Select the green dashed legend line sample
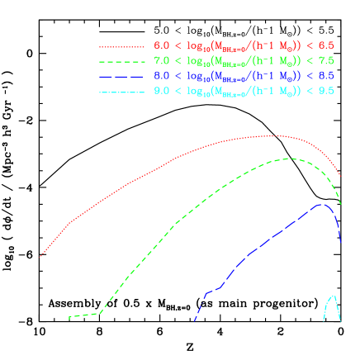point(124,60)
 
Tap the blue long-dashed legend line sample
point(124,75)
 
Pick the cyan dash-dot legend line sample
point(124,89)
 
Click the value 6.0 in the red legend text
point(162,45)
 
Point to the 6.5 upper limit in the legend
point(326,45)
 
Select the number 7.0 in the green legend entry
point(162,60)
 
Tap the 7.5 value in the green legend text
point(326,60)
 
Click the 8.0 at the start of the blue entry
point(162,75)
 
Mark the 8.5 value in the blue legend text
point(326,75)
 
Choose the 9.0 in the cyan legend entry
point(162,89)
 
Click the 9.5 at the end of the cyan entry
point(326,89)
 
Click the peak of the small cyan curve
point(334,295)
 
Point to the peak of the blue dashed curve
point(322,203)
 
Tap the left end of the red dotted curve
point(40,257)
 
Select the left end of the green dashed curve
point(69,317)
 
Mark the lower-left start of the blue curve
point(194,320)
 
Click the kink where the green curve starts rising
point(100,313)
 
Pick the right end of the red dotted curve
point(341,175)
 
